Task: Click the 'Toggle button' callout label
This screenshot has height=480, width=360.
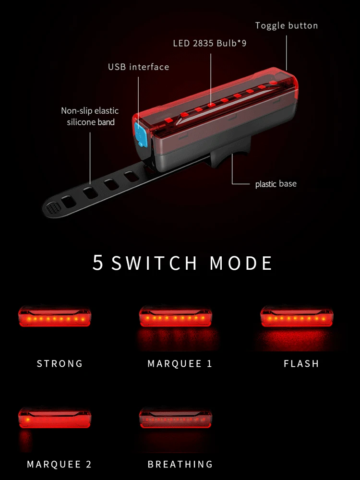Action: pyautogui.click(x=286, y=25)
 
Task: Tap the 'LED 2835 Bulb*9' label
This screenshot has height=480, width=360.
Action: pyautogui.click(x=210, y=44)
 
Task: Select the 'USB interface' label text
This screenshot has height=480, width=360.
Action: pyautogui.click(x=138, y=67)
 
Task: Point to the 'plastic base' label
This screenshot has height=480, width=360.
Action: pyautogui.click(x=276, y=184)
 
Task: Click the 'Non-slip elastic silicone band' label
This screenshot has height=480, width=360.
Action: pyautogui.click(x=90, y=116)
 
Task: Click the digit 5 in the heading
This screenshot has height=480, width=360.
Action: pyautogui.click(x=98, y=263)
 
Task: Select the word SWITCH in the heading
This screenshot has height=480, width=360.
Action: pyautogui.click(x=154, y=264)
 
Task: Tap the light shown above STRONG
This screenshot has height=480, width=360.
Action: pyautogui.click(x=55, y=317)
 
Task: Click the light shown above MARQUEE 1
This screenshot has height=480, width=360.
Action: pyautogui.click(x=175, y=317)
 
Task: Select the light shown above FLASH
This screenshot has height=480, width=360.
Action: pyautogui.click(x=297, y=317)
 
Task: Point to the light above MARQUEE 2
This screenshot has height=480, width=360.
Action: pyautogui.click(x=55, y=419)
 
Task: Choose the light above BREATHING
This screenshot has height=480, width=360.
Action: pyautogui.click(x=175, y=419)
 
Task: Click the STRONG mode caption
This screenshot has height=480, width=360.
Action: pyautogui.click(x=60, y=363)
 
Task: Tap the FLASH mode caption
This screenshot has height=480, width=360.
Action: pyautogui.click(x=301, y=363)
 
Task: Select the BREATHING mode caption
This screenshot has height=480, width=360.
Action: pyautogui.click(x=180, y=464)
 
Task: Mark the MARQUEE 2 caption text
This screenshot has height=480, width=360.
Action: pyautogui.click(x=59, y=464)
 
